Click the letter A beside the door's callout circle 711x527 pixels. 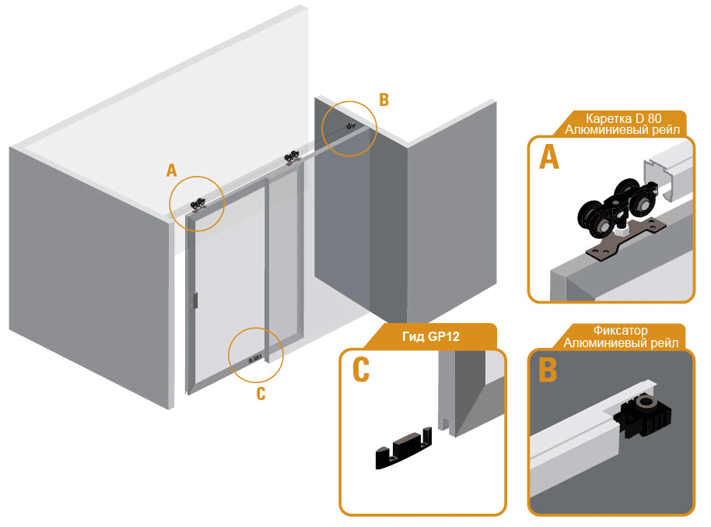[x=171, y=170]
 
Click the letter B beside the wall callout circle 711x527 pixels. [x=384, y=100]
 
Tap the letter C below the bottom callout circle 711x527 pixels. [x=261, y=394]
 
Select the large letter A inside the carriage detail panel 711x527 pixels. [x=549, y=158]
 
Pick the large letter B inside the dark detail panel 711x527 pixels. [x=548, y=370]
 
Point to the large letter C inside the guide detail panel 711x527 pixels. [x=361, y=370]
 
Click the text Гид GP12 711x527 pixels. [x=431, y=336]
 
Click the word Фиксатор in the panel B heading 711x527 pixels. [x=620, y=331]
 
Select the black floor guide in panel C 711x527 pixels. [x=403, y=448]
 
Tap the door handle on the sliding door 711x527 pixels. [x=195, y=300]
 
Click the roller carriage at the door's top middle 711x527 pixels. [x=292, y=157]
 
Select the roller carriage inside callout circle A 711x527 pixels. [x=198, y=206]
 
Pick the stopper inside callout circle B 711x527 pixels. [x=349, y=126]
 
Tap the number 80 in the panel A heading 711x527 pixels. [x=654, y=119]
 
